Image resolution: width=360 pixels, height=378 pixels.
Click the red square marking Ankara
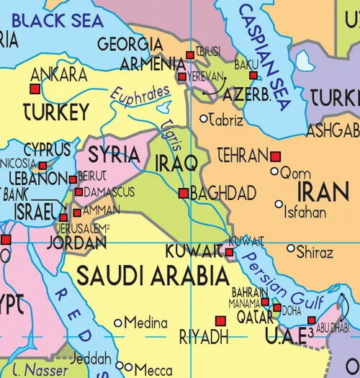click(x=33, y=89)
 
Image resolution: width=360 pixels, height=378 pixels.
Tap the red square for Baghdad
click(x=184, y=193)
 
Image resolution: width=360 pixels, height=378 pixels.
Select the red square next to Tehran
click(x=274, y=156)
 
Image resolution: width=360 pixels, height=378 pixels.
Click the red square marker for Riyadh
click(x=220, y=321)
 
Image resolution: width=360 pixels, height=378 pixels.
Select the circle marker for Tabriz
click(x=204, y=119)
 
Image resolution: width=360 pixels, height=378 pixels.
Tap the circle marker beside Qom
click(x=274, y=171)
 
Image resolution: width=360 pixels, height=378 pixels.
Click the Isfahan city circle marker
click(x=279, y=204)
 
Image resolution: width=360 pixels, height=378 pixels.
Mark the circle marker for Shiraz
click(x=291, y=248)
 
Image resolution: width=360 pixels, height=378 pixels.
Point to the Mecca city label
click(x=153, y=370)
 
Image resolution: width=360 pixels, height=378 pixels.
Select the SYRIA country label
click(x=114, y=155)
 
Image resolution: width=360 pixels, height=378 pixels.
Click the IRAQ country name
click(x=176, y=164)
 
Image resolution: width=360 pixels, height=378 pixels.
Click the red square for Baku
click(x=252, y=76)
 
